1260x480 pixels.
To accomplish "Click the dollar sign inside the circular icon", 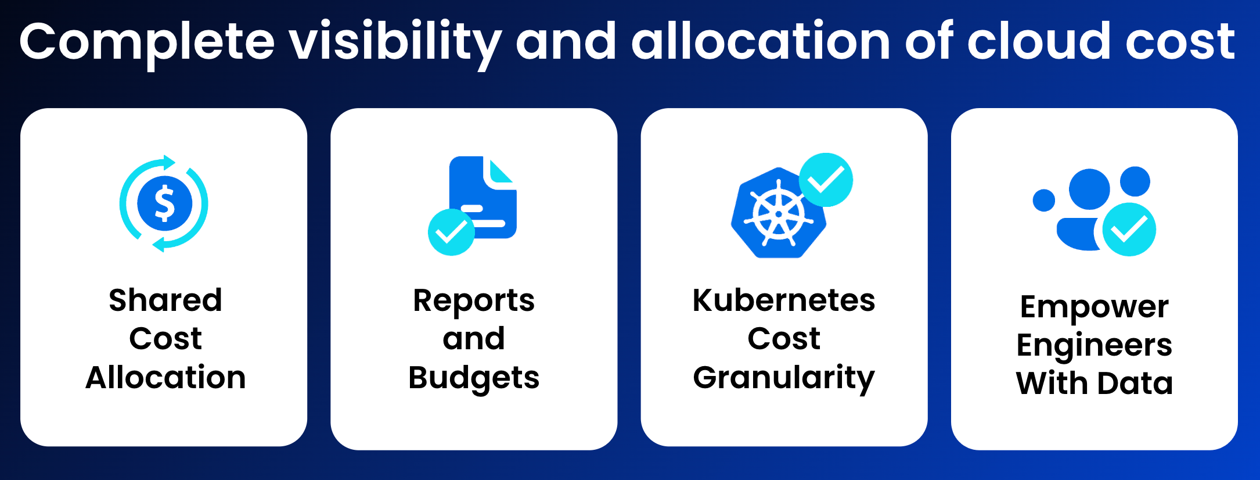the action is click(164, 203).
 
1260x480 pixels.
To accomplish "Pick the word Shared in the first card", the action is click(165, 300).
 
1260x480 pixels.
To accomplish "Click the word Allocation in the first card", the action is click(165, 377).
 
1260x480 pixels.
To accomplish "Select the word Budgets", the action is click(474, 379).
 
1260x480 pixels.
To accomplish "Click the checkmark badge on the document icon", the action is click(451, 232).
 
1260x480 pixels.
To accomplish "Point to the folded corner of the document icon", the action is click(501, 171).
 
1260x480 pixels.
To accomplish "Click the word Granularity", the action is click(784, 379).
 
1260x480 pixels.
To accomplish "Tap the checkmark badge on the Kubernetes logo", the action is click(826, 180).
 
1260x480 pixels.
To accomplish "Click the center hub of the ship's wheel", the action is click(779, 214).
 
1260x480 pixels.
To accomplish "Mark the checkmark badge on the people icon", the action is click(1129, 230).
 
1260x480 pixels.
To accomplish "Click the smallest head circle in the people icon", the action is click(1043, 200).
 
